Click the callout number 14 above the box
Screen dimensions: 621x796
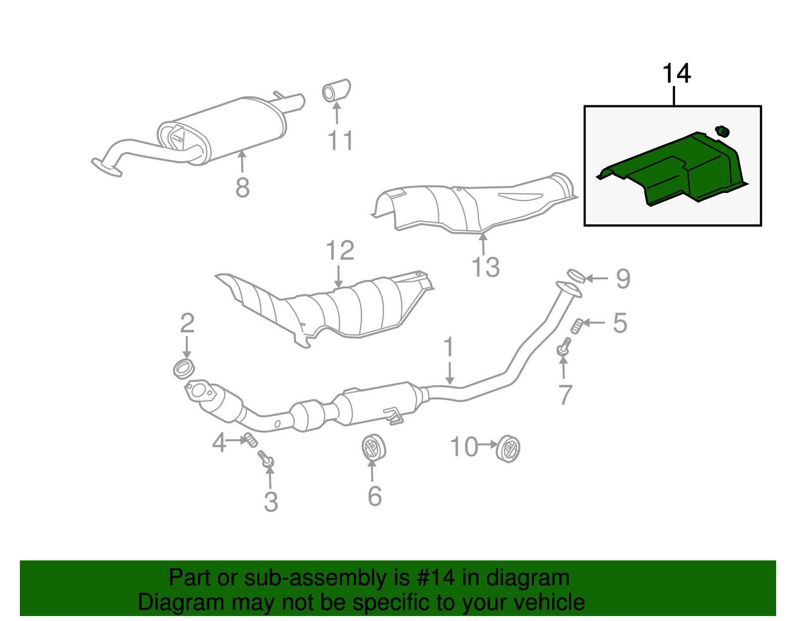coord(676,74)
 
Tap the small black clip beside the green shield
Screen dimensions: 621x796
coord(722,132)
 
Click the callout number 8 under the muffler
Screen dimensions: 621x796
coord(242,188)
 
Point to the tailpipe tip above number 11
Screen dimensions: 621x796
coord(336,90)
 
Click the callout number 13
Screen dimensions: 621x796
coord(485,267)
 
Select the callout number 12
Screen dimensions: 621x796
coord(340,251)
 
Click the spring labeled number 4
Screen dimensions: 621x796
coord(250,440)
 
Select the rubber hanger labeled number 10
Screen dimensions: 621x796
coord(508,448)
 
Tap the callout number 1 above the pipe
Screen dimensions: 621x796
coord(449,347)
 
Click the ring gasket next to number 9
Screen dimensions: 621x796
coord(576,276)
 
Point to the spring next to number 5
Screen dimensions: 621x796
coord(577,326)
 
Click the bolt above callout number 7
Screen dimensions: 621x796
coord(564,347)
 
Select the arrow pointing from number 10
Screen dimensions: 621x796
coord(488,444)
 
